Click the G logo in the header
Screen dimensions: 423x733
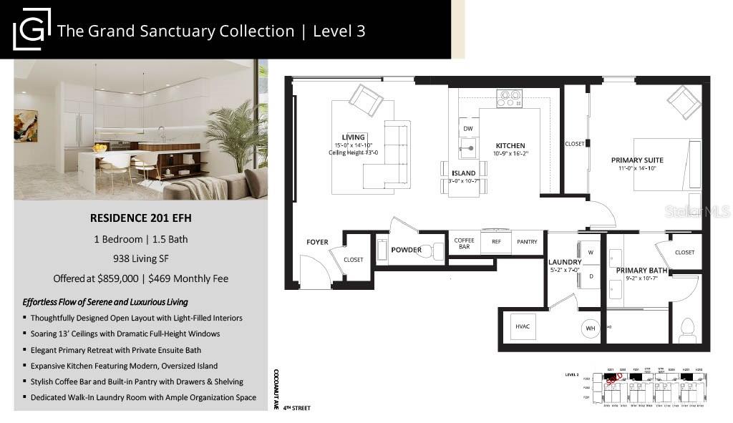click(31, 29)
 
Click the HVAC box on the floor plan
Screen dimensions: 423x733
click(521, 327)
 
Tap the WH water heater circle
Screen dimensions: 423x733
click(591, 329)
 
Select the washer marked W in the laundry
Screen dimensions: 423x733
click(591, 253)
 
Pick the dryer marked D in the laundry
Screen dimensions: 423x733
click(591, 276)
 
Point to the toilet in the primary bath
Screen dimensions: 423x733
click(687, 330)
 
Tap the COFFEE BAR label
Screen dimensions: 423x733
click(464, 243)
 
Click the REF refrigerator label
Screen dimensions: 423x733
click(496, 242)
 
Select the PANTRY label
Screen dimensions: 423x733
click(527, 242)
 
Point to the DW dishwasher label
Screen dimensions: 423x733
click(467, 129)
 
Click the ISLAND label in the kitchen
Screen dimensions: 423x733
click(463, 173)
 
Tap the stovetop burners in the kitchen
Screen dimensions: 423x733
click(510, 98)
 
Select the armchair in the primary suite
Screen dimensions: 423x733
click(683, 102)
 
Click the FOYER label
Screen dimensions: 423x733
click(317, 242)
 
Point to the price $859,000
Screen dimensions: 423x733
click(127, 278)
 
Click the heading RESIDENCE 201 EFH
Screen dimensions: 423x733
click(141, 218)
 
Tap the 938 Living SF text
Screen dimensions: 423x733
click(141, 259)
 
